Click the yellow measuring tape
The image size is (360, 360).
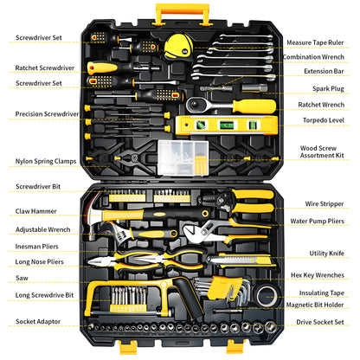[x=178, y=46]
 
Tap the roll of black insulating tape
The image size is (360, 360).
[x=267, y=296]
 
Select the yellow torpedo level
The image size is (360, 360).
[x=227, y=125]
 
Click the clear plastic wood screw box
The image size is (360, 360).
[x=183, y=157]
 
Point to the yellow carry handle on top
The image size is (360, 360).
[x=183, y=14]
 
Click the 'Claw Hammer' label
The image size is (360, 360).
[x=36, y=211]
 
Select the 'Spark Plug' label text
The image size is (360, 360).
[x=328, y=88]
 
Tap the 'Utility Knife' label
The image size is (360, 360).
[x=326, y=254]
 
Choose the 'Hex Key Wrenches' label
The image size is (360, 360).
[x=318, y=275]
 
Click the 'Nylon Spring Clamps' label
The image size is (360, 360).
[x=46, y=161]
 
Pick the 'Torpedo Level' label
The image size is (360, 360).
[x=324, y=120]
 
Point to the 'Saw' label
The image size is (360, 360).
[x=22, y=278]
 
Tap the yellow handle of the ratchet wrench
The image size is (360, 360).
[x=254, y=106]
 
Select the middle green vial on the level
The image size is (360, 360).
[x=227, y=125]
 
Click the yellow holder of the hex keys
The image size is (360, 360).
[x=222, y=287]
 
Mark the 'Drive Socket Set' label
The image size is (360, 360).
[x=320, y=322]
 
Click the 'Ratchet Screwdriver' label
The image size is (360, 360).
[x=45, y=67]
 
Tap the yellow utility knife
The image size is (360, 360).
[x=241, y=260]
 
